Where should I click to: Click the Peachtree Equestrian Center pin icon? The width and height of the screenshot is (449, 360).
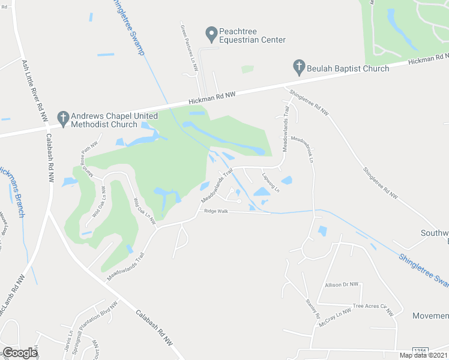[211, 35]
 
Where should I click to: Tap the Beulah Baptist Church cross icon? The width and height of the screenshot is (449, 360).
[299, 68]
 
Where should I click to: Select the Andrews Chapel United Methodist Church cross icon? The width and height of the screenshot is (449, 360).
[62, 119]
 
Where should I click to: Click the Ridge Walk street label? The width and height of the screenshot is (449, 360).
[216, 211]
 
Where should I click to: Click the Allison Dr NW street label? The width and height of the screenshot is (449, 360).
[341, 284]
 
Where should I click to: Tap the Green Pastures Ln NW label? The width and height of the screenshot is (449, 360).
[188, 49]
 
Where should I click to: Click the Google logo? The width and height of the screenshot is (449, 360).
[20, 353]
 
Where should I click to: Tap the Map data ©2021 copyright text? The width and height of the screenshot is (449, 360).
[423, 355]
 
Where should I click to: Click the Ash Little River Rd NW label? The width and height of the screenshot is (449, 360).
[32, 90]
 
